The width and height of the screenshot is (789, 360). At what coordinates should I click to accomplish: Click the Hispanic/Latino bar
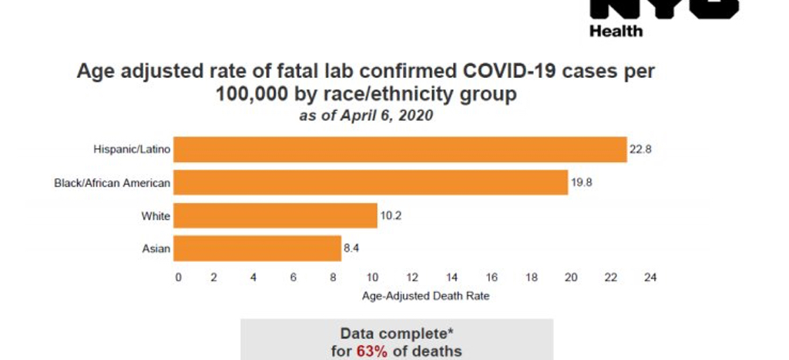coord(400,150)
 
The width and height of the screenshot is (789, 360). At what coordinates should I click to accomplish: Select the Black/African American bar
coord(371,183)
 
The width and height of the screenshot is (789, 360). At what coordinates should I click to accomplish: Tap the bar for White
coord(275,216)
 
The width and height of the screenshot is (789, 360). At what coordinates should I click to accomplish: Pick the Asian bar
coord(257,248)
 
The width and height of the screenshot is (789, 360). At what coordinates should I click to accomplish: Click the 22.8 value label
coord(641,150)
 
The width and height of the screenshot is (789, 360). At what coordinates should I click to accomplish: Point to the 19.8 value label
coord(583,183)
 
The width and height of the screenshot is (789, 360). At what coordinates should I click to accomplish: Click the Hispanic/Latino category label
coord(131,150)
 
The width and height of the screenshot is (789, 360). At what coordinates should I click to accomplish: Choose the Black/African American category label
coord(112,183)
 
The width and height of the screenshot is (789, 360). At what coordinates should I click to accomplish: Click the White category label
coord(156,216)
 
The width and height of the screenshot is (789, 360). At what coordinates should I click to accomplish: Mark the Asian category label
coord(157,248)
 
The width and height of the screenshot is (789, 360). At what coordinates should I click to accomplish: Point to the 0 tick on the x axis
coord(178,278)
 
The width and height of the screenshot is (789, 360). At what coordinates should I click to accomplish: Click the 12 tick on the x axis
coord(412,278)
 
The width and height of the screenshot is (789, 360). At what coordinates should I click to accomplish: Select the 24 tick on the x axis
coord(650,278)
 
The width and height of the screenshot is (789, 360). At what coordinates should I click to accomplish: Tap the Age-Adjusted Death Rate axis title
coord(415,296)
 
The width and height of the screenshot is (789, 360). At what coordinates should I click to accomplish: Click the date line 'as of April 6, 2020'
coord(366,116)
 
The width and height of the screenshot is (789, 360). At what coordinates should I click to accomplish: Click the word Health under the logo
coord(616,32)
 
